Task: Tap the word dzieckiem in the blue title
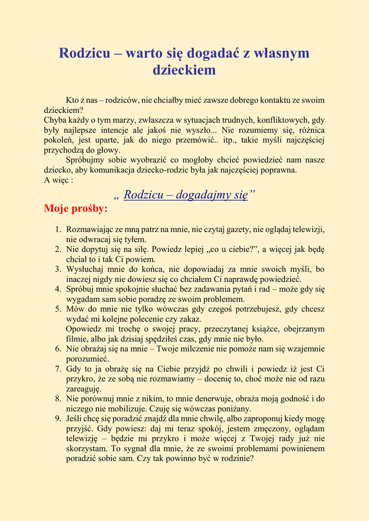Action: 184,70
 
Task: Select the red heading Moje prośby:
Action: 76,209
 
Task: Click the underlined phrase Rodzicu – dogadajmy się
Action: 186,194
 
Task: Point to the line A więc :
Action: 59,180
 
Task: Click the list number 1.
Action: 58,229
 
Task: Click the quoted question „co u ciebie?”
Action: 233,249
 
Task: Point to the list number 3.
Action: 58,269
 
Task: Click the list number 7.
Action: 58,368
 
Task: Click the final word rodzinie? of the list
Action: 236,458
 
